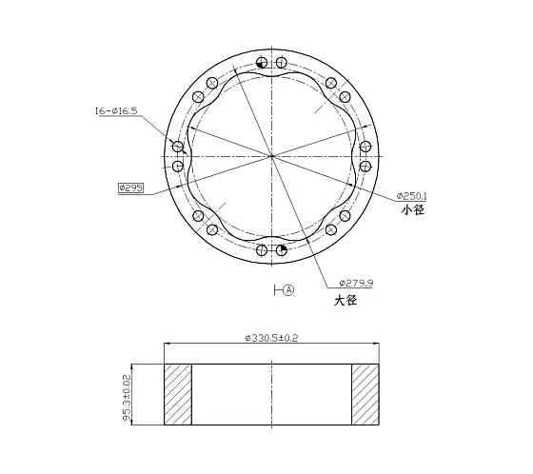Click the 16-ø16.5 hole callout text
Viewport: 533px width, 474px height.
116,110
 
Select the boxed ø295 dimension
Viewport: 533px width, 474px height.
131,188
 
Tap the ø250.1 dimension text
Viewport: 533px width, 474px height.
411,196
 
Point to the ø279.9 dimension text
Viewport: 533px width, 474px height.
356,283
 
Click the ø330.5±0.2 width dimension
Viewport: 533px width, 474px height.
271,338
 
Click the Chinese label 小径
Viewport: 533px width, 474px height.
413,210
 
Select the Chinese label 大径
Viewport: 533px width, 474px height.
345,300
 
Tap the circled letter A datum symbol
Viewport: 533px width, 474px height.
288,290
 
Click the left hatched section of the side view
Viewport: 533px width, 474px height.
178,394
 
